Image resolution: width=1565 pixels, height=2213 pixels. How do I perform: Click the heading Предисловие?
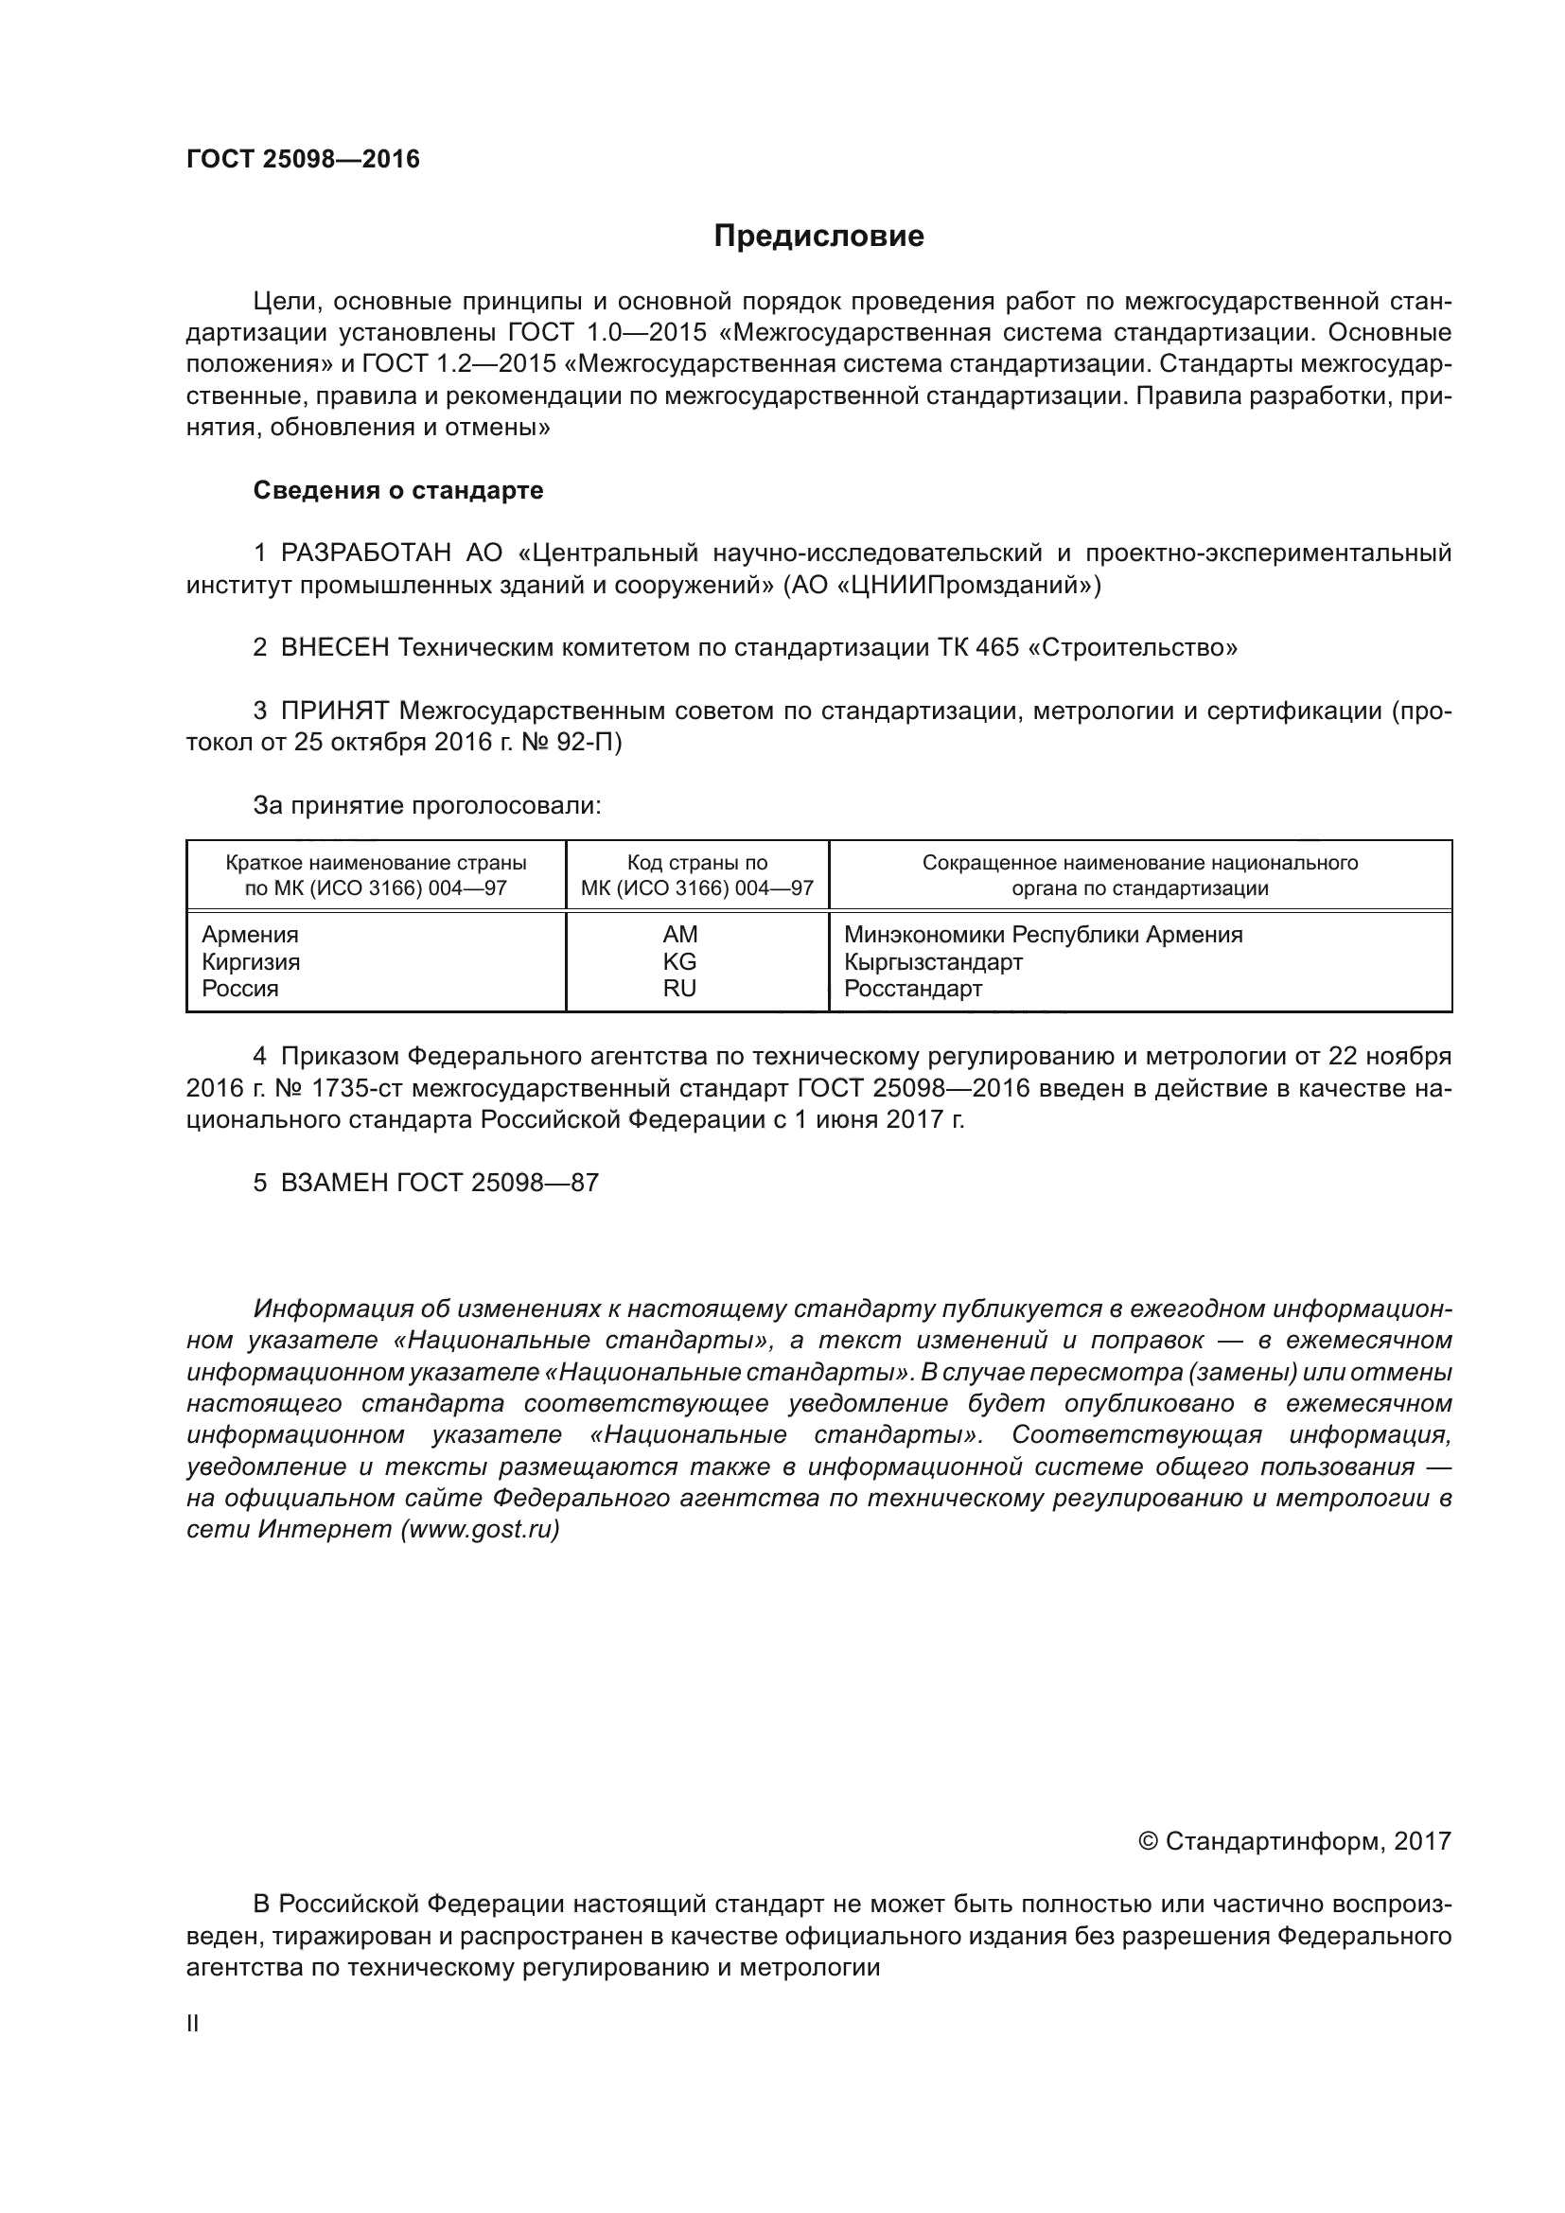(x=818, y=237)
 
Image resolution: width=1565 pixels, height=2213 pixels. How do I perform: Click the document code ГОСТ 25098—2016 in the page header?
(x=303, y=159)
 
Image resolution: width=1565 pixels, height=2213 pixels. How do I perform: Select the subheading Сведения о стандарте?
(x=398, y=491)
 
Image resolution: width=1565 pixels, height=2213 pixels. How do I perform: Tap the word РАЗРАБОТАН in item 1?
(x=365, y=553)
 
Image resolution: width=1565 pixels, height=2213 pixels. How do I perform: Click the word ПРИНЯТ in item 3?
(x=334, y=711)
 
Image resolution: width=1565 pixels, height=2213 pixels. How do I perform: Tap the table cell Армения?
(x=250, y=935)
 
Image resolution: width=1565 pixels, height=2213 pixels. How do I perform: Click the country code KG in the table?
(x=679, y=962)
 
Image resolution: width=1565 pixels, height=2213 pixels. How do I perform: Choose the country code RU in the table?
(x=679, y=989)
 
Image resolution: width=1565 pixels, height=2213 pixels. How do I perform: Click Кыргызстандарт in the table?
(x=933, y=962)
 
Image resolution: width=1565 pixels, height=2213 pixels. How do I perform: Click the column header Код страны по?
(x=696, y=864)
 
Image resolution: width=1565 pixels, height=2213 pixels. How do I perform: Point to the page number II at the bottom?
(x=193, y=2024)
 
